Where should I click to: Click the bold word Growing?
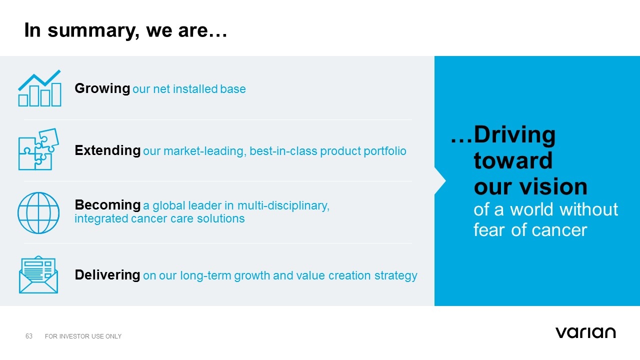tap(102, 88)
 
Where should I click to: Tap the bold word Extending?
tap(107, 150)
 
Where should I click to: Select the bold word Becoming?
tap(107, 205)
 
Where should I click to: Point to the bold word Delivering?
tap(107, 275)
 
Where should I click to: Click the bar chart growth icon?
tap(39, 88)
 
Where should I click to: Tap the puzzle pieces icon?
tap(39, 149)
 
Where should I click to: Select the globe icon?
tap(38, 213)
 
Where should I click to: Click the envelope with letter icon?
tap(38, 274)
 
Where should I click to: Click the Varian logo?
tap(585, 332)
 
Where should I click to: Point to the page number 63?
tap(29, 336)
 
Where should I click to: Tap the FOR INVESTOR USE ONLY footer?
tap(83, 336)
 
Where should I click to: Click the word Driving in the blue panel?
tap(514, 135)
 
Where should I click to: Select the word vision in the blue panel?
tap(553, 186)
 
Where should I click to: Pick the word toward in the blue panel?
tap(513, 160)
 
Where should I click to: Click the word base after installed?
tap(233, 89)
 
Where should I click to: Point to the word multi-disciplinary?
tap(283, 205)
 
